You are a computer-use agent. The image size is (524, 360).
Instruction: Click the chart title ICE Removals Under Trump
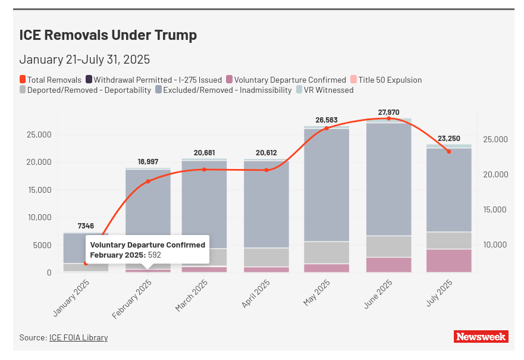click(108, 35)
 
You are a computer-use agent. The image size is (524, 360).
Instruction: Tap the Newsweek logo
click(481, 337)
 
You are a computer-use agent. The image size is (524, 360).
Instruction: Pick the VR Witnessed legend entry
click(328, 90)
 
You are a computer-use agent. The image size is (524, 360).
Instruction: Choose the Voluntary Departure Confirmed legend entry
click(290, 80)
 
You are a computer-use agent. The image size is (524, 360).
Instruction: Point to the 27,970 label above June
click(389, 112)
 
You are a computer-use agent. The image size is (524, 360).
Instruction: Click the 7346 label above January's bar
click(86, 227)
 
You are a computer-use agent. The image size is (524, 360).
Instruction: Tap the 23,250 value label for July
click(449, 138)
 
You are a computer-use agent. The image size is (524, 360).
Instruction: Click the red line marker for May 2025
click(327, 128)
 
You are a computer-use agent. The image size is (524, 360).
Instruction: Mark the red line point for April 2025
click(266, 170)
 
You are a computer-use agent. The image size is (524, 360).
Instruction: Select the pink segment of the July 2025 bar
click(449, 261)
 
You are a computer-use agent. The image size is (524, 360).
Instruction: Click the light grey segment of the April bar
click(266, 257)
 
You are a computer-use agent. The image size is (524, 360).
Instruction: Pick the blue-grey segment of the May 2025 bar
click(327, 184)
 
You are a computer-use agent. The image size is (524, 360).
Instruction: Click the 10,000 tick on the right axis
click(495, 245)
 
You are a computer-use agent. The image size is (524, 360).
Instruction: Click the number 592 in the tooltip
click(155, 255)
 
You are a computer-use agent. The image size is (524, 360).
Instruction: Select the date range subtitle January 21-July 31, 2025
click(84, 60)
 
